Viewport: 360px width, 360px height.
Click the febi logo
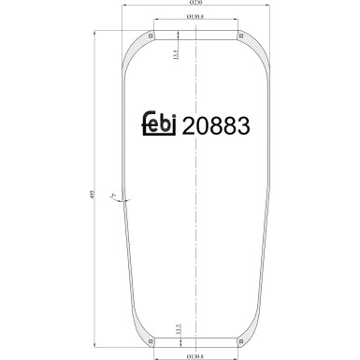pos(163,125)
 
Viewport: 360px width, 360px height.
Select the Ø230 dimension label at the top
pos(198,6)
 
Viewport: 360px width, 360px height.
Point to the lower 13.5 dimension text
pos(176,329)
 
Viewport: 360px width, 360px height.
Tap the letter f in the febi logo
pos(145,124)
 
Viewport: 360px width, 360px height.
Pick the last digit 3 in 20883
pos(245,125)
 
